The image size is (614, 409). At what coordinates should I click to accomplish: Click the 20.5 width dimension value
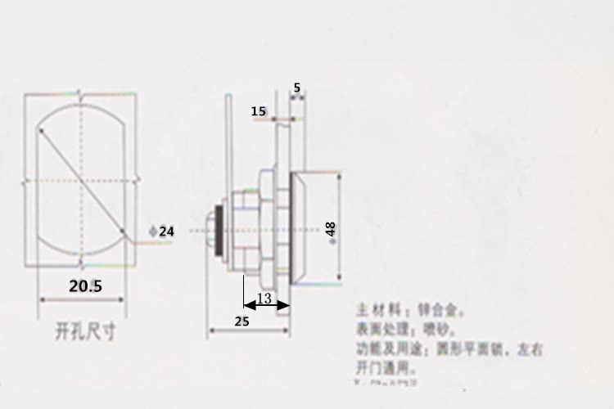coord(85,286)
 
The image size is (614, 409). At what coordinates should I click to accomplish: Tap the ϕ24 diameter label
coord(162,231)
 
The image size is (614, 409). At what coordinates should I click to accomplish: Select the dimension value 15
coord(259,111)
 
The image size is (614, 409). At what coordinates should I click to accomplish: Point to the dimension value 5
coord(296,87)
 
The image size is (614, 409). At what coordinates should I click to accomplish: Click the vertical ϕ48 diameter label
coord(331,230)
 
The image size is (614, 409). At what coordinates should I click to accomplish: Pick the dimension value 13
coord(264,299)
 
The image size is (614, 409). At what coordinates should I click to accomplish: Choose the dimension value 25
coord(242,321)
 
